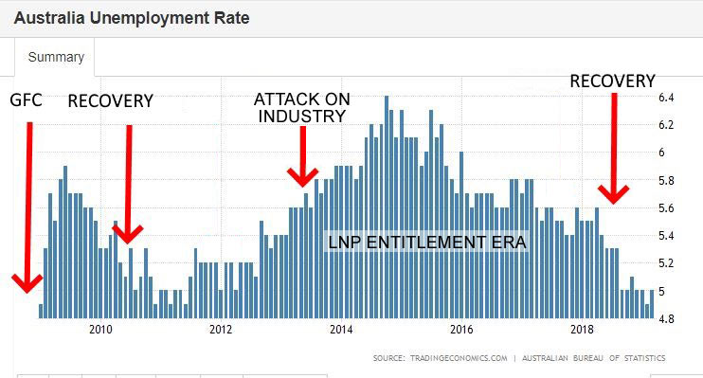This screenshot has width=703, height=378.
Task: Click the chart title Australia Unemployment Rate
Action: click(x=132, y=18)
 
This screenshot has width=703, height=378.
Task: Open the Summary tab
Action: click(x=56, y=57)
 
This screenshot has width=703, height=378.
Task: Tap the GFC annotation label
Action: click(x=26, y=100)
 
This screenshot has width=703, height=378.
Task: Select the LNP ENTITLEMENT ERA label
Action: click(x=426, y=242)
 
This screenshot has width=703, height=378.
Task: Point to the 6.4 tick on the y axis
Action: click(x=666, y=98)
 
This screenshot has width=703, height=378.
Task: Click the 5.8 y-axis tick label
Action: click(x=666, y=180)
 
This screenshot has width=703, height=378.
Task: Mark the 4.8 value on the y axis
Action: click(x=666, y=318)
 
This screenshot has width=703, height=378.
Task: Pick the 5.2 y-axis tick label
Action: click(x=666, y=262)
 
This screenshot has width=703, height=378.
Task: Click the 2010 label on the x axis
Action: click(x=100, y=330)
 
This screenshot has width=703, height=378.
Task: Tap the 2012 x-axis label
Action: click(x=221, y=330)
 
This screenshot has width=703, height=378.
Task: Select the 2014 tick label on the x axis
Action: click(x=341, y=330)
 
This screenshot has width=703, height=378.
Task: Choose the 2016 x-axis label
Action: click(x=461, y=330)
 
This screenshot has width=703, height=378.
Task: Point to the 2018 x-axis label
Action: click(x=582, y=330)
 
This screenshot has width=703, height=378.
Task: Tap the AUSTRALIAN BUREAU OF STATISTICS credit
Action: click(x=596, y=358)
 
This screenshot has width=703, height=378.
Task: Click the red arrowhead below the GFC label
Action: click(x=27, y=281)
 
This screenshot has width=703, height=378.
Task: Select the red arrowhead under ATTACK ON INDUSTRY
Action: click(x=303, y=176)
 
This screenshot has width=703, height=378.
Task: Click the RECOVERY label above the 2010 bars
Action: click(x=110, y=101)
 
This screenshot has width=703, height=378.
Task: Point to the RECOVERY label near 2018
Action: click(x=612, y=81)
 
